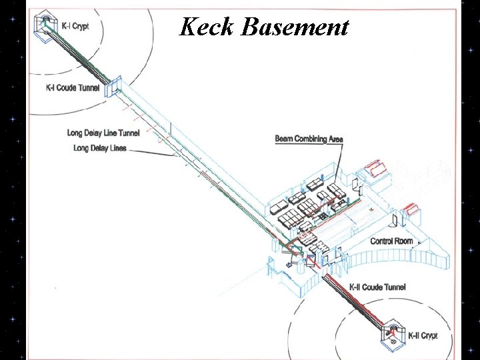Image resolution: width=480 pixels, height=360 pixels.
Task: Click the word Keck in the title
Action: coord(207,27)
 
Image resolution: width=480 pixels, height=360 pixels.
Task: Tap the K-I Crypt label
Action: coord(75,26)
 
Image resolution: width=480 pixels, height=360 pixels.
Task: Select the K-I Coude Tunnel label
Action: coord(73,87)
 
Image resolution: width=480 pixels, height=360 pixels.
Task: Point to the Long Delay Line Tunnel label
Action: coord(103,133)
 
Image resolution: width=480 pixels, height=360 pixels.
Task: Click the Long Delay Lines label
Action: coord(100,147)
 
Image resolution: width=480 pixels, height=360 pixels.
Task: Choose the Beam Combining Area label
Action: coord(309,139)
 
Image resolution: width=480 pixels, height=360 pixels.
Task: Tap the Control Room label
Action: coord(391,241)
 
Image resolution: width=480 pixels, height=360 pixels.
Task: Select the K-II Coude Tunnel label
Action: coord(377,287)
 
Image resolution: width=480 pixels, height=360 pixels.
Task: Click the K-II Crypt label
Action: coord(422,335)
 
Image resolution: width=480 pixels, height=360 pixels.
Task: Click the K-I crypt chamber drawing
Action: coord(46,21)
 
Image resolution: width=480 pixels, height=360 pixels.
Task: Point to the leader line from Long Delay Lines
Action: coord(150,151)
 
